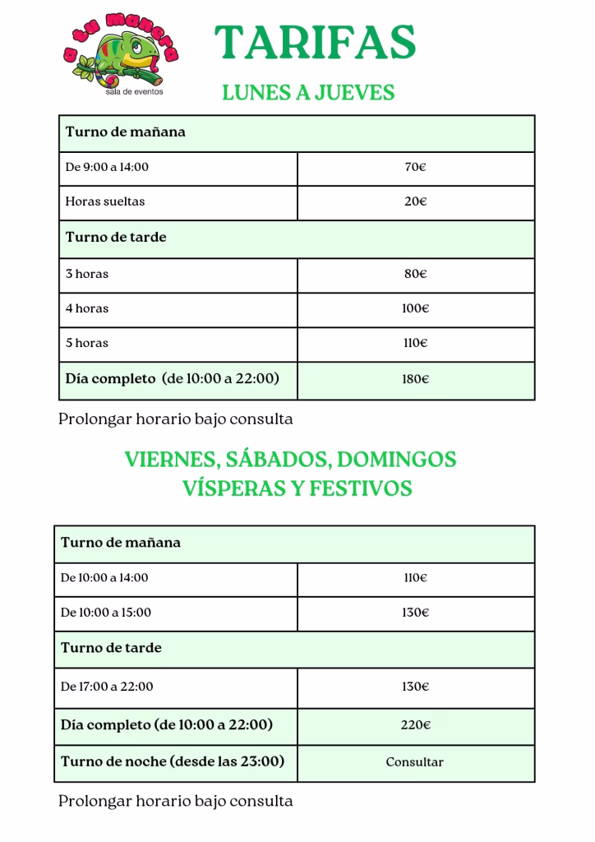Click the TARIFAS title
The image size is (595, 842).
coord(315,43)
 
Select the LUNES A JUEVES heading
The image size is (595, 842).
coord(308,92)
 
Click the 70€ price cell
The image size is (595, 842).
coord(415,167)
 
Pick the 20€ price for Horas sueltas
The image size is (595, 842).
coord(415,201)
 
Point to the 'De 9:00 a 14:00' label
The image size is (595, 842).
coord(107,167)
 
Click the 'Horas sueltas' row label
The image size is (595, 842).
coord(105,201)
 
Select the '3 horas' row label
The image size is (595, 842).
coord(87,274)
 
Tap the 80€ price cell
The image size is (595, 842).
coord(415,274)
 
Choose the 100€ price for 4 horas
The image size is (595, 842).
coord(415,308)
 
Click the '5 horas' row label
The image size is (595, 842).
coord(87,343)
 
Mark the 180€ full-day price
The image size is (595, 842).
coord(415,379)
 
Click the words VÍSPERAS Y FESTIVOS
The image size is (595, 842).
coord(297,488)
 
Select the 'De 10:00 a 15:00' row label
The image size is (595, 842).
coord(106,613)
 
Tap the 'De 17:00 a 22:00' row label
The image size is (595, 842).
coord(107,687)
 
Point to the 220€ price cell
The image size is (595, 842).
coord(415,724)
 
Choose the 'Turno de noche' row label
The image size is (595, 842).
coord(173,761)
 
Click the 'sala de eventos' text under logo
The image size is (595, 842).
coord(134,92)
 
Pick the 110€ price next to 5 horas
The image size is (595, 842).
coord(415,343)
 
